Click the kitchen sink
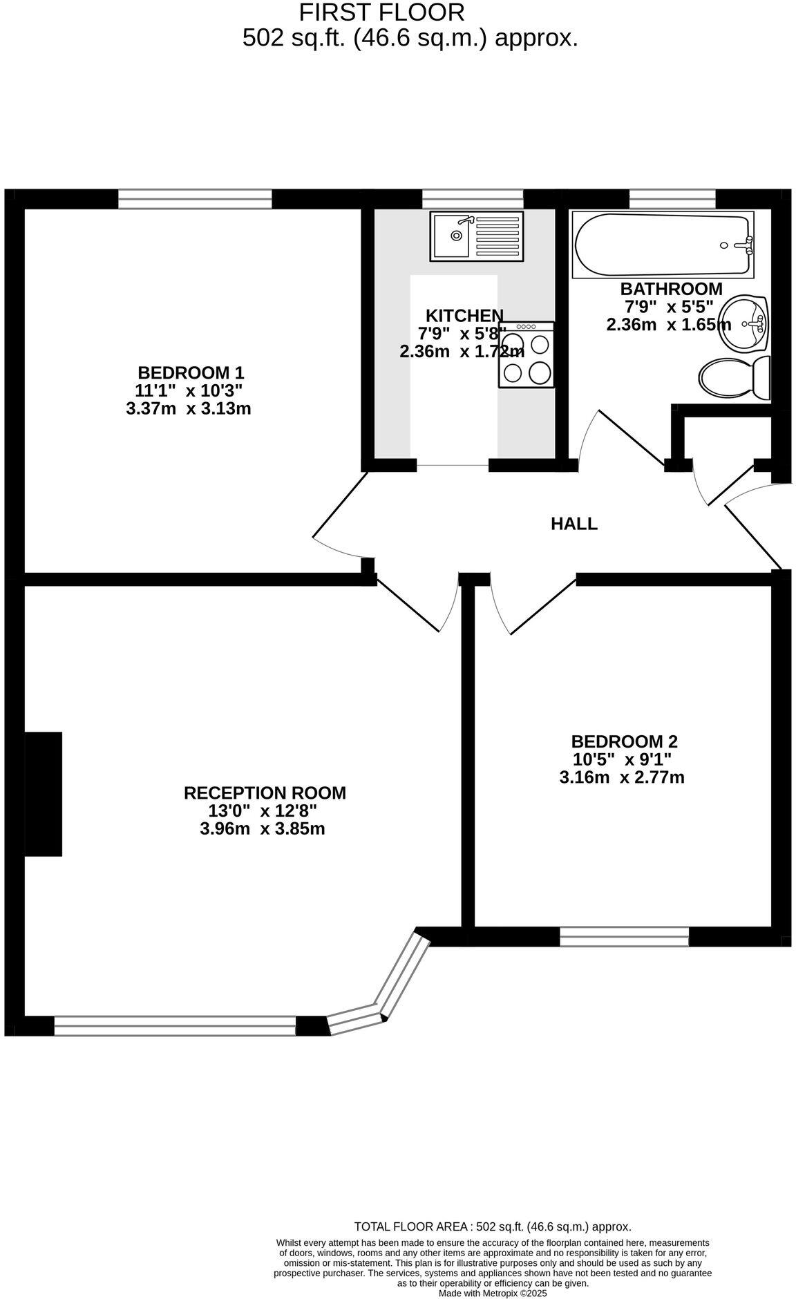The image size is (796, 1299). pyautogui.click(x=476, y=236)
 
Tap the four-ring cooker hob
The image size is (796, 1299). pyautogui.click(x=526, y=354)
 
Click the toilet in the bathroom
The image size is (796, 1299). pyautogui.click(x=734, y=379)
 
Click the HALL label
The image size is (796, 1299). pyautogui.click(x=574, y=524)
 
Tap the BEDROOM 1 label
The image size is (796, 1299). pyautogui.click(x=191, y=372)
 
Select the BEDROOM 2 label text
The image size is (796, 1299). pyautogui.click(x=624, y=741)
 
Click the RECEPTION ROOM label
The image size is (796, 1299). pyautogui.click(x=265, y=793)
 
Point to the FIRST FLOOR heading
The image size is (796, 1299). pyautogui.click(x=381, y=12)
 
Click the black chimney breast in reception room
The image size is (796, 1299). pyautogui.click(x=43, y=794)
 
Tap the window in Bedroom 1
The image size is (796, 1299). pyautogui.click(x=195, y=200)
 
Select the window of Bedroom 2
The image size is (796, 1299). pyautogui.click(x=624, y=936)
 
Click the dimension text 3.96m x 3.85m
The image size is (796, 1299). pyautogui.click(x=262, y=828)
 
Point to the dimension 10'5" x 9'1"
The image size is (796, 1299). pyautogui.click(x=622, y=759)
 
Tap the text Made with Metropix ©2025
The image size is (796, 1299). pyautogui.click(x=493, y=1293)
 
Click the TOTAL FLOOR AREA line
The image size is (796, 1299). pyautogui.click(x=493, y=1226)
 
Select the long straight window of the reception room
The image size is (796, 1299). pyautogui.click(x=175, y=1025)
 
